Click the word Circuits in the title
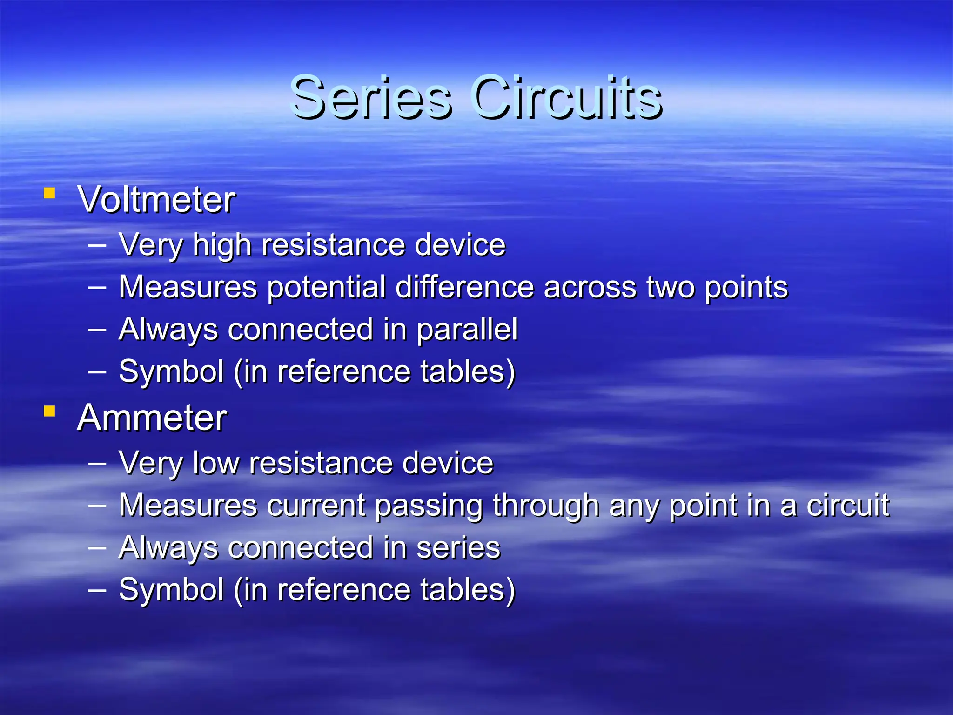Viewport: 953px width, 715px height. tap(566, 98)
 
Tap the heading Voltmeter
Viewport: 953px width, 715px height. tap(157, 200)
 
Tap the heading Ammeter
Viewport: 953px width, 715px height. tap(152, 418)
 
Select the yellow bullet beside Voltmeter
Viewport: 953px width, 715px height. tap(49, 193)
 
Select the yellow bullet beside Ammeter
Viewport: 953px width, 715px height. tap(49, 411)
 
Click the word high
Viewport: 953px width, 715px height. tap(222, 245)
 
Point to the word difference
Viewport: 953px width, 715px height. tap(464, 287)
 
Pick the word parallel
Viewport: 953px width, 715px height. tap(467, 330)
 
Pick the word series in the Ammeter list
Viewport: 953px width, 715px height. tap(458, 548)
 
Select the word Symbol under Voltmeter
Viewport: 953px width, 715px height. tap(171, 372)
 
